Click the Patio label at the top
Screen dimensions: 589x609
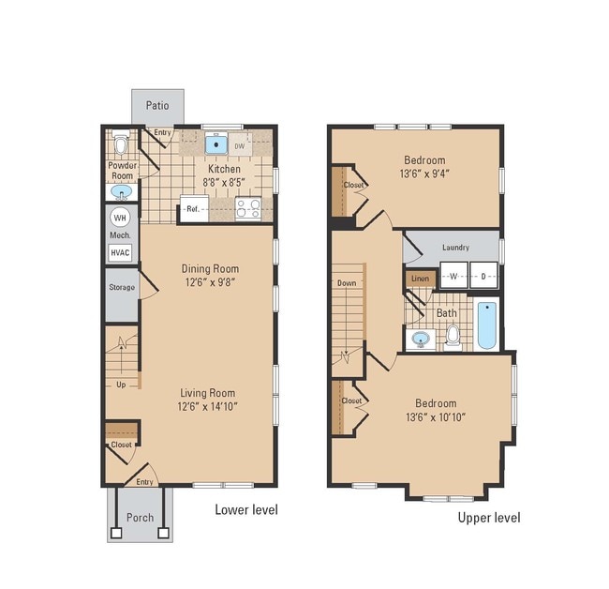(x=156, y=105)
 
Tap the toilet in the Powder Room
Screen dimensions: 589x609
(x=120, y=145)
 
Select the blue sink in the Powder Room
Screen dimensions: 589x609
(x=121, y=192)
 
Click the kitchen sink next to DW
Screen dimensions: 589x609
(x=217, y=145)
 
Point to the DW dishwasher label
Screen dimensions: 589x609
(x=240, y=146)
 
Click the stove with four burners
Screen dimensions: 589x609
(x=247, y=208)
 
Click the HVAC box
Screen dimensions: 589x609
(x=121, y=251)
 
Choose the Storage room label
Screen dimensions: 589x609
(x=122, y=287)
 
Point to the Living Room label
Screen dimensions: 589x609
(x=209, y=393)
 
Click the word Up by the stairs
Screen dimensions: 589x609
(x=123, y=385)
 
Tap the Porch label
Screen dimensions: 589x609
(x=140, y=517)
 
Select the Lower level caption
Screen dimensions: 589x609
(x=246, y=510)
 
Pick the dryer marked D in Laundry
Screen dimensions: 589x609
(x=483, y=277)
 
